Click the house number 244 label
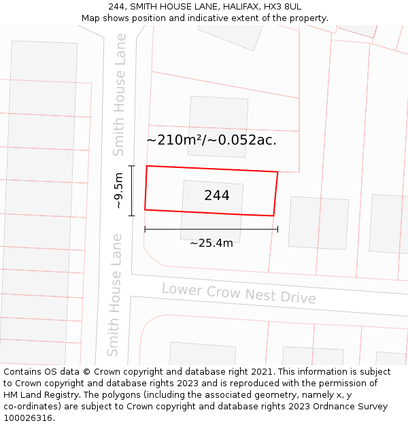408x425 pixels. point(217,196)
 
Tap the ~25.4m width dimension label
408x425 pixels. point(211,243)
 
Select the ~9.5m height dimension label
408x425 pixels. point(118,191)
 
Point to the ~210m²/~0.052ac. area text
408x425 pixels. point(211,140)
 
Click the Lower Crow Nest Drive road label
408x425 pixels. point(239,294)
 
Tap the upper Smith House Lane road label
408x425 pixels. point(120,95)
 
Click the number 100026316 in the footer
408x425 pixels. point(27,418)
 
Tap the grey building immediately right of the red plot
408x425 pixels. point(318,223)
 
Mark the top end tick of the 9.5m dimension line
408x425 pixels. point(132,166)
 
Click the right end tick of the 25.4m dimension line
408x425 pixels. point(277,229)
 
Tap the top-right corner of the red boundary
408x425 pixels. point(277,172)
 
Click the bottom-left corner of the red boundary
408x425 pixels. point(145,209)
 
